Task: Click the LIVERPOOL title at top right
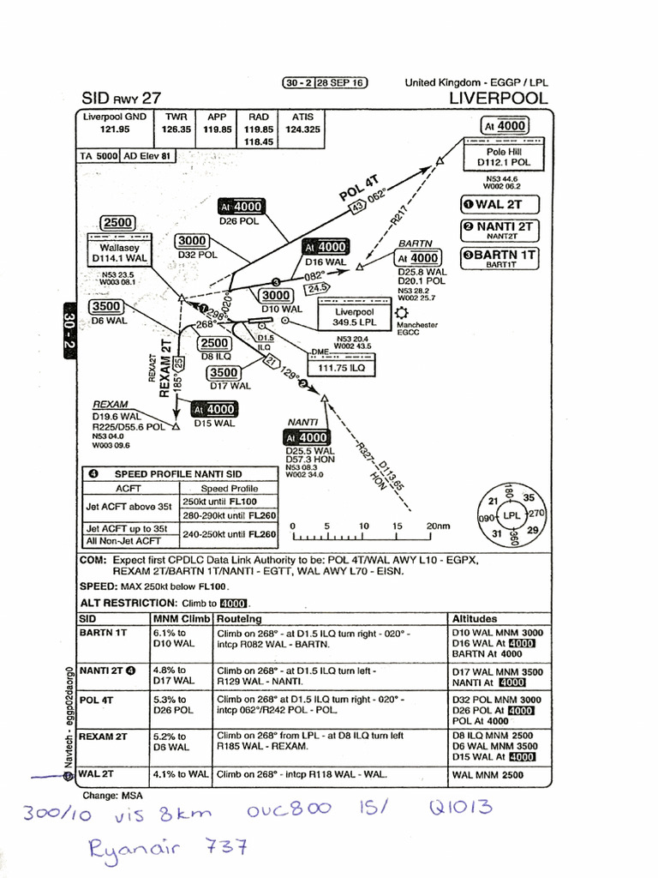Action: pyautogui.click(x=498, y=98)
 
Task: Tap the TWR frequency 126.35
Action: pyautogui.click(x=176, y=129)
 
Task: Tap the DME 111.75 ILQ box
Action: pyautogui.click(x=341, y=367)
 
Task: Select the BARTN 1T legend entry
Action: pyautogui.click(x=499, y=255)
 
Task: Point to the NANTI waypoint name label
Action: pyautogui.click(x=303, y=422)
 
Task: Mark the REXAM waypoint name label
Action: pyautogui.click(x=110, y=404)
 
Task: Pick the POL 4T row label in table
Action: pyautogui.click(x=96, y=700)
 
